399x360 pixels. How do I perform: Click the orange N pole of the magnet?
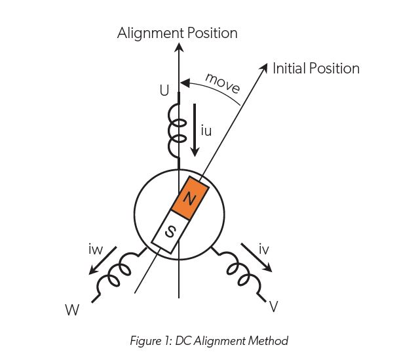pyautogui.click(x=190, y=197)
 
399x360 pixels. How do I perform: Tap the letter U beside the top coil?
pyautogui.click(x=164, y=91)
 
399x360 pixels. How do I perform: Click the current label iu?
pyautogui.click(x=206, y=131)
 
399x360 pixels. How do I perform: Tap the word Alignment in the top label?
pyautogui.click(x=149, y=33)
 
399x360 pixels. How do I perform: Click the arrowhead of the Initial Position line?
pyautogui.click(x=265, y=67)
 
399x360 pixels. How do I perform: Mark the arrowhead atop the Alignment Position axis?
pyautogui.click(x=178, y=47)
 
